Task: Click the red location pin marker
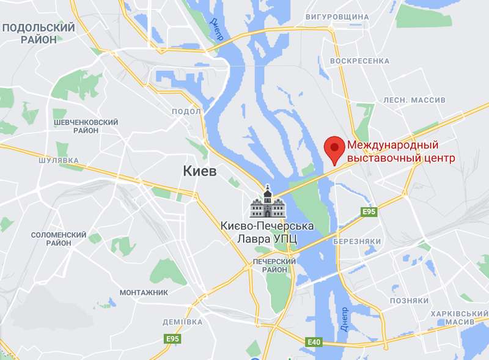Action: pyautogui.click(x=333, y=149)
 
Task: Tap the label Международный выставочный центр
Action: pyautogui.click(x=402, y=152)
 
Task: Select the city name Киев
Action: pyautogui.click(x=200, y=172)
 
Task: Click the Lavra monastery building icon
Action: pyautogui.click(x=268, y=204)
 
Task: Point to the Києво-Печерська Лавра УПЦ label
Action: pyautogui.click(x=267, y=233)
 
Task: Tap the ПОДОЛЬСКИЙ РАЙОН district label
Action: pyautogui.click(x=39, y=33)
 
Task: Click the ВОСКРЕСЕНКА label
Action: pyautogui.click(x=359, y=61)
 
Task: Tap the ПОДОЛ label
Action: pyautogui.click(x=186, y=111)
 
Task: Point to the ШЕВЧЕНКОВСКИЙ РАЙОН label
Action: pyautogui.click(x=86, y=127)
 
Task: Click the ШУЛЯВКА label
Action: pyautogui.click(x=59, y=160)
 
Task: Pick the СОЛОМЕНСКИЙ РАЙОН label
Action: pyautogui.click(x=59, y=239)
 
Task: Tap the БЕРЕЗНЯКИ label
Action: pyautogui.click(x=358, y=242)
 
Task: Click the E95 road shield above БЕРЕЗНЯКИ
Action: pyautogui.click(x=368, y=212)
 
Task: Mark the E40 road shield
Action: pyautogui.click(x=314, y=342)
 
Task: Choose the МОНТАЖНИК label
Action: pyautogui.click(x=144, y=293)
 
